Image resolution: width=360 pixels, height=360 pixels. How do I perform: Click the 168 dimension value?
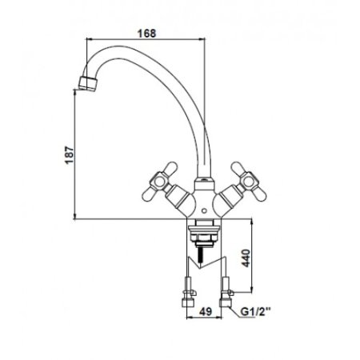tap(146, 34)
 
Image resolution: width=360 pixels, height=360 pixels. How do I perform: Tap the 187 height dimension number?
tap(69, 155)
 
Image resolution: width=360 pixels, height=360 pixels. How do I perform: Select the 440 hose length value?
tap(246, 258)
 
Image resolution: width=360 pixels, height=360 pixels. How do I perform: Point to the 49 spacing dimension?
tap(206, 311)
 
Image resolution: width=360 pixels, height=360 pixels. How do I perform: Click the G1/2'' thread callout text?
tap(256, 311)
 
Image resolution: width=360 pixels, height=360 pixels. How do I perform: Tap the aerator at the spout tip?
tap(88, 83)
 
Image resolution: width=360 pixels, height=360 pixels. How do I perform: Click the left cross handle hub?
tap(160, 182)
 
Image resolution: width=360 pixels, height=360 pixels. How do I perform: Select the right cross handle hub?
tap(249, 182)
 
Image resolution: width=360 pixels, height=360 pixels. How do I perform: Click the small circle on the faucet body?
tap(204, 211)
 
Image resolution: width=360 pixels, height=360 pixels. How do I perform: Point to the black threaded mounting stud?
tap(198, 254)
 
